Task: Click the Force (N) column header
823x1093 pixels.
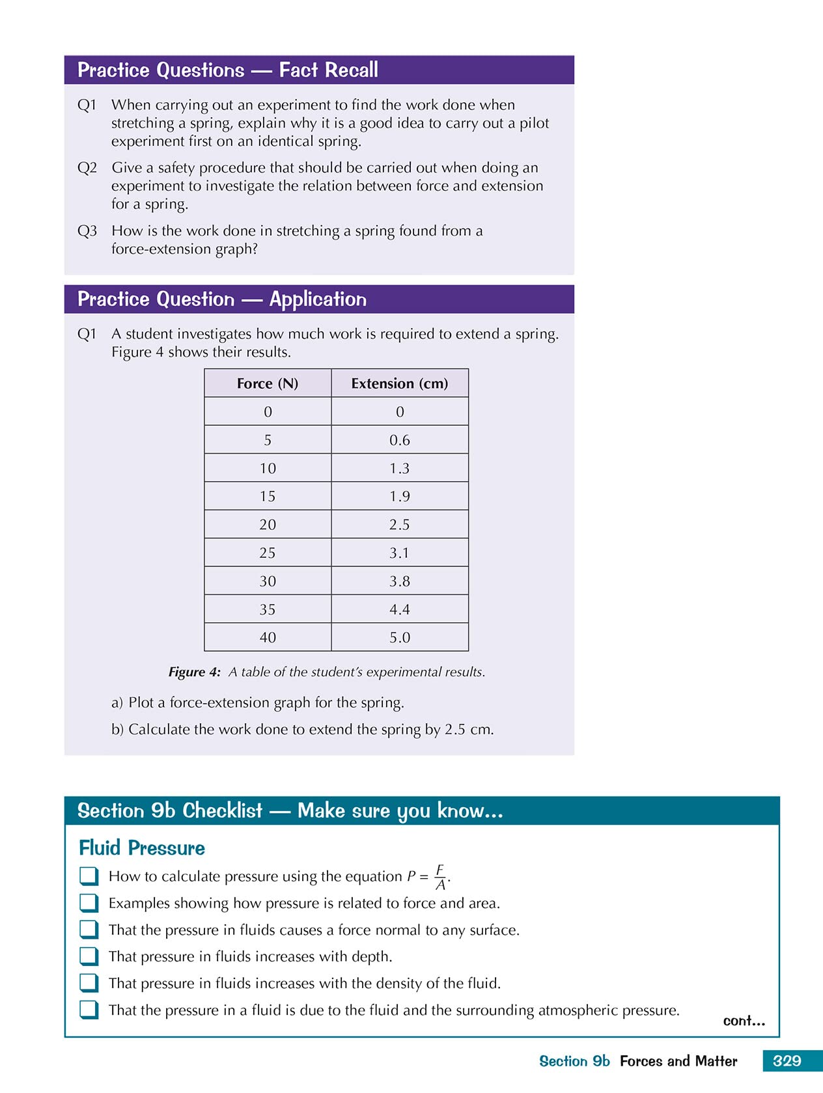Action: (x=268, y=383)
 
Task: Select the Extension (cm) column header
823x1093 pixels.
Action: (x=399, y=383)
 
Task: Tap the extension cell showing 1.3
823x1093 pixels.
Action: (x=399, y=468)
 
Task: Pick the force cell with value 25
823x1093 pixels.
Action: (x=268, y=553)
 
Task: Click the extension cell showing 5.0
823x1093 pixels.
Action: (x=399, y=637)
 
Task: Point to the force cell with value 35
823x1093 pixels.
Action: (x=268, y=609)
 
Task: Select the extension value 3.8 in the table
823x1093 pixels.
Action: (x=399, y=581)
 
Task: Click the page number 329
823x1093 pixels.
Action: (x=787, y=1060)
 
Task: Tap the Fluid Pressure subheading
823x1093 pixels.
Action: (x=142, y=848)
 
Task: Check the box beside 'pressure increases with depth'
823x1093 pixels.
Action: (x=89, y=956)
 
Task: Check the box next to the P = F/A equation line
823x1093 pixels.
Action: (x=89, y=876)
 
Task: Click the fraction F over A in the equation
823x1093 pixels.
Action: (x=440, y=877)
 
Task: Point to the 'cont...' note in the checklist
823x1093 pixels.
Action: (x=744, y=1021)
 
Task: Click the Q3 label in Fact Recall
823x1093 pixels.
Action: (x=87, y=231)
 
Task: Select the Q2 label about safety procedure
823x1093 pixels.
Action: (x=87, y=168)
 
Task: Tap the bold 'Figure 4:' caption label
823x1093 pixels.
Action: (x=194, y=672)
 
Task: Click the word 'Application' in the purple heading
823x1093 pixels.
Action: (x=318, y=299)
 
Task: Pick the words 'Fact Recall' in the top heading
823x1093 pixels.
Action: (x=328, y=70)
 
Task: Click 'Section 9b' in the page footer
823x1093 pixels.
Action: (x=574, y=1061)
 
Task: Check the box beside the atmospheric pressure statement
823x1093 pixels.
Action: (x=89, y=1009)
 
